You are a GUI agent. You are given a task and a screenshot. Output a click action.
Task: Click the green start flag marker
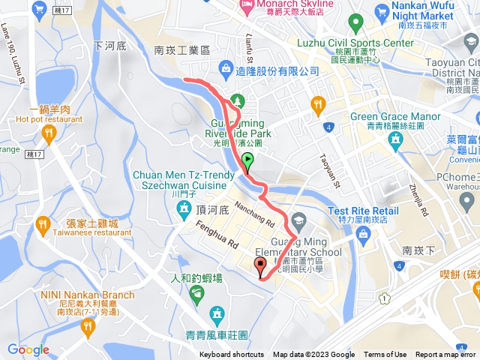tap(247, 160)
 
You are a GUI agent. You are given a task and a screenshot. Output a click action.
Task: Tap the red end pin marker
tap(260, 265)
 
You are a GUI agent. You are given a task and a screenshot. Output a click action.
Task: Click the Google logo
tap(28, 349)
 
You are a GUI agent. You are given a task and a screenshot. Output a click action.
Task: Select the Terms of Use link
tap(385, 355)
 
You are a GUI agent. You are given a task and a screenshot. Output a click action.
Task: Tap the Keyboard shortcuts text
tap(231, 355)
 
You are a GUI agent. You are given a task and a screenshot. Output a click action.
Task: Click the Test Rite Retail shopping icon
tap(363, 235)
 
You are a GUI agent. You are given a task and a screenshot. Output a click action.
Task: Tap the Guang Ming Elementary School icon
tap(298, 220)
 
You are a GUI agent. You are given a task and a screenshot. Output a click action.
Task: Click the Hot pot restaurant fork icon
tap(49, 134)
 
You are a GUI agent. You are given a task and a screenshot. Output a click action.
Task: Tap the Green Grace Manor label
tap(396, 117)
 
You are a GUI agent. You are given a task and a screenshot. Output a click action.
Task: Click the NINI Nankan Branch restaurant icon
tap(88, 325)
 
